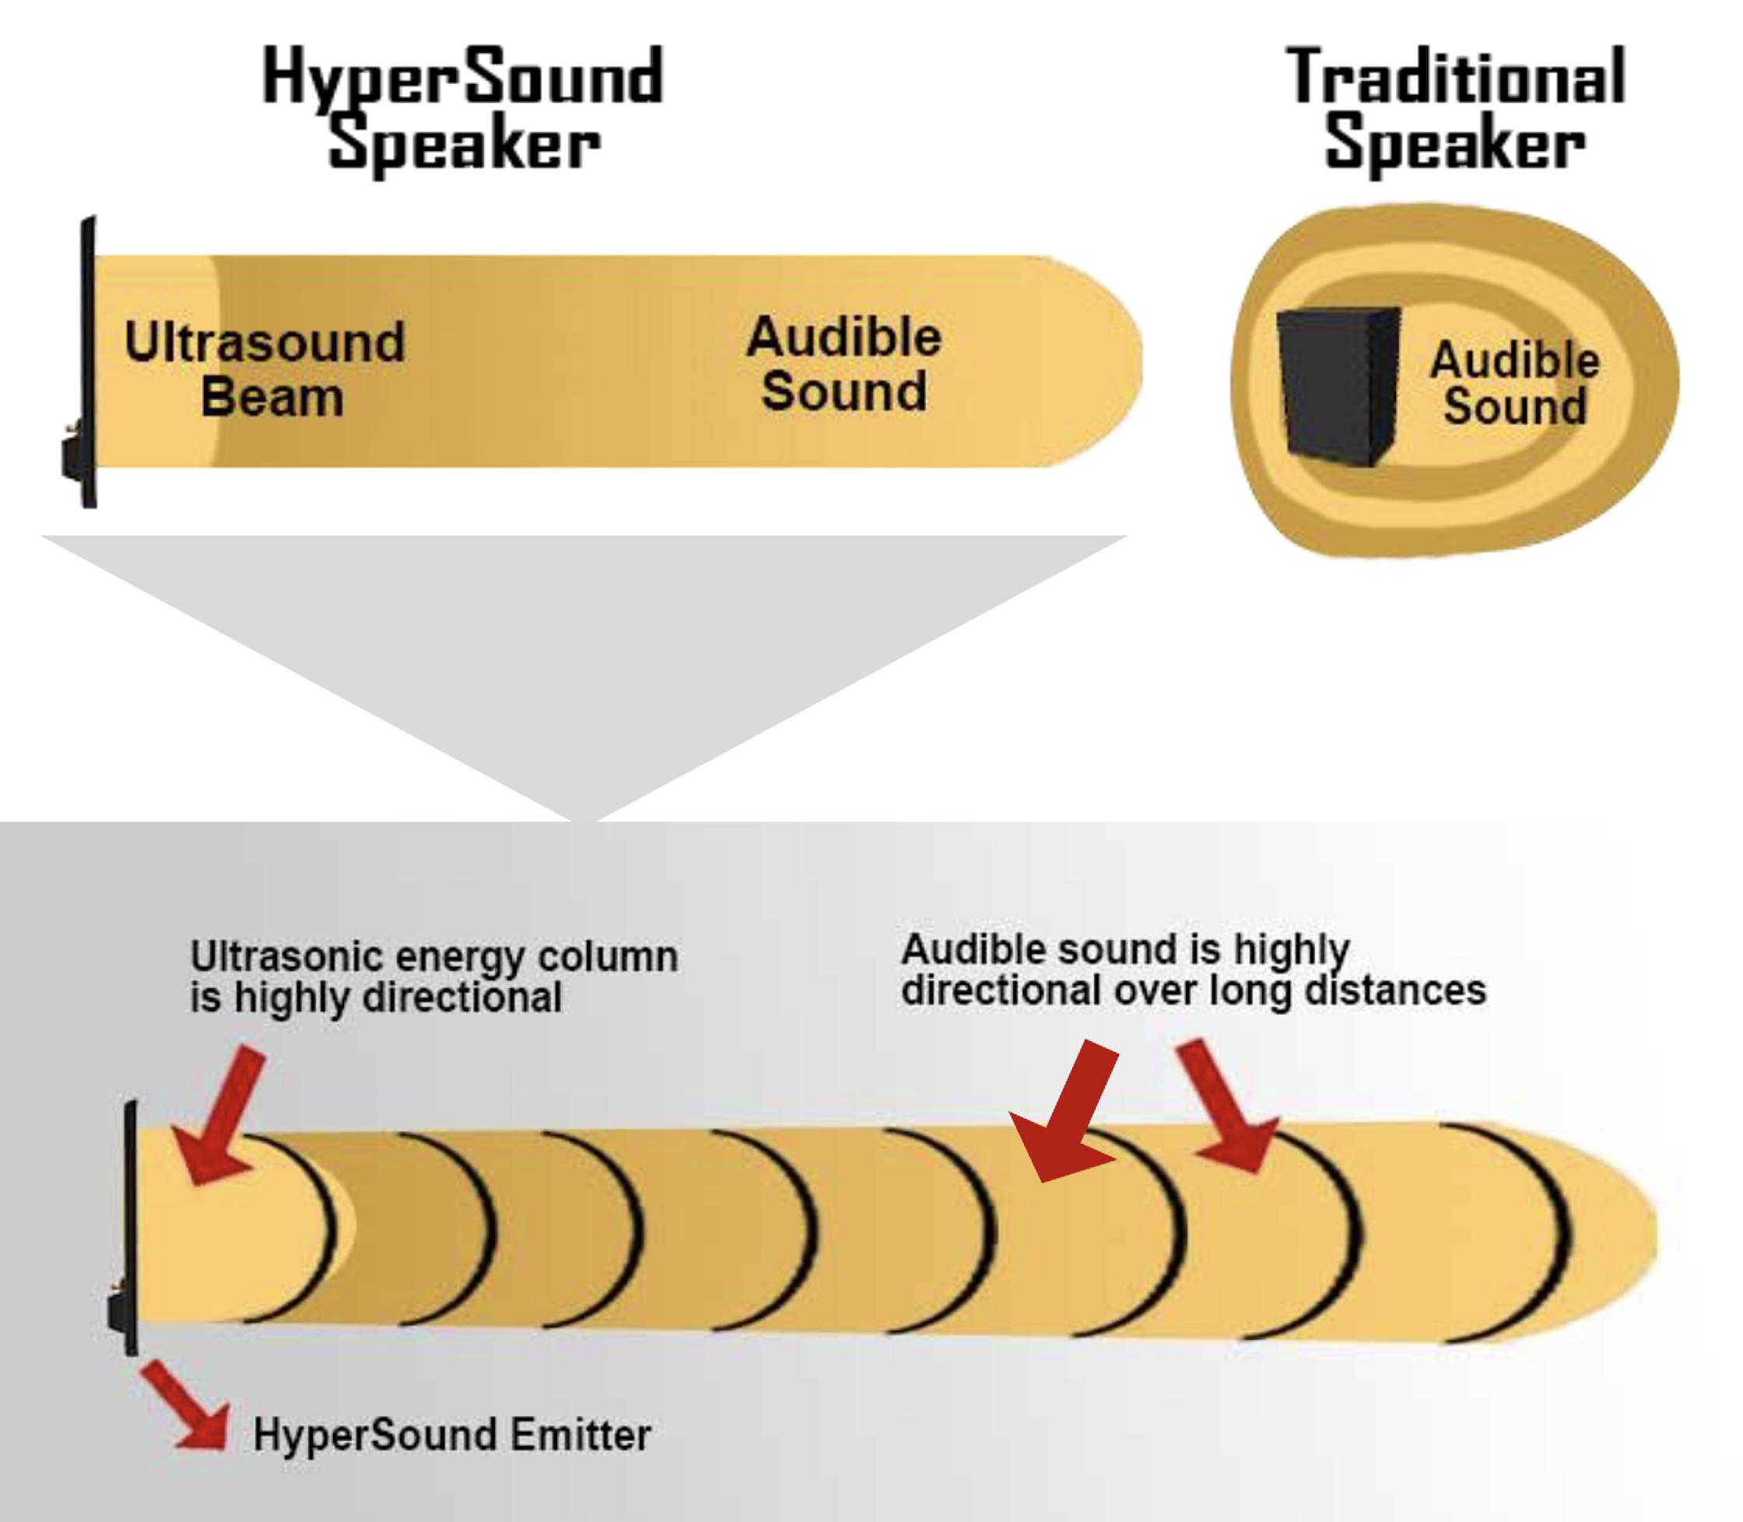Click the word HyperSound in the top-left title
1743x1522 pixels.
tap(463, 78)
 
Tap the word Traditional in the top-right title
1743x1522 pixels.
tap(1455, 78)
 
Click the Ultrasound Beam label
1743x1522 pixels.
tap(265, 369)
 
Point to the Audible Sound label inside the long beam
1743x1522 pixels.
tap(843, 363)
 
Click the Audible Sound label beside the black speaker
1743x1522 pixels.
tap(1514, 382)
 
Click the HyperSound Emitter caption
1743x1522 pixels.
tap(452, 1435)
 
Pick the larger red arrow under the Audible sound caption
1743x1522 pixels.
tap(1067, 1111)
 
